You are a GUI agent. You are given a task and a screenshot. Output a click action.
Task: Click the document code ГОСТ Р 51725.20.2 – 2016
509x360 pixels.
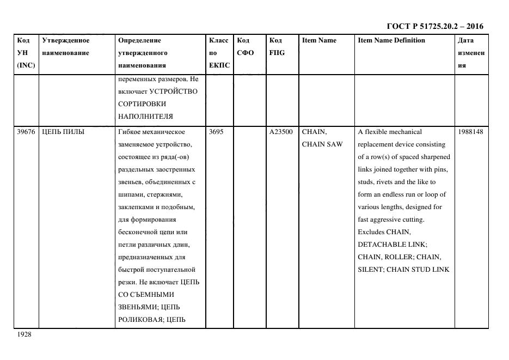tap(434, 26)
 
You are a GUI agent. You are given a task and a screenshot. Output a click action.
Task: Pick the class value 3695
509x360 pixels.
tap(216, 132)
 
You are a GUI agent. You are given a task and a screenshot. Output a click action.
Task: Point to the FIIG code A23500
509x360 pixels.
tap(281, 132)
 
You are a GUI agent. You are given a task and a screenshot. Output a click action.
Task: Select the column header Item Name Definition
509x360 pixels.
tap(391, 40)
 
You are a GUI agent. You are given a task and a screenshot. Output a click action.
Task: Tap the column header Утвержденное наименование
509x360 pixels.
tap(66, 47)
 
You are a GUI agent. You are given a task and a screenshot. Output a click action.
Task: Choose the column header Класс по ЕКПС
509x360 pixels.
tap(219, 53)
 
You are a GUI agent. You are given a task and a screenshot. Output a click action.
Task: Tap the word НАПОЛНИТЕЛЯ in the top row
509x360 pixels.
tap(145, 116)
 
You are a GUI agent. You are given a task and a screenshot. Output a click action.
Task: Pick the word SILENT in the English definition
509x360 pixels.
tap(370, 270)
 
